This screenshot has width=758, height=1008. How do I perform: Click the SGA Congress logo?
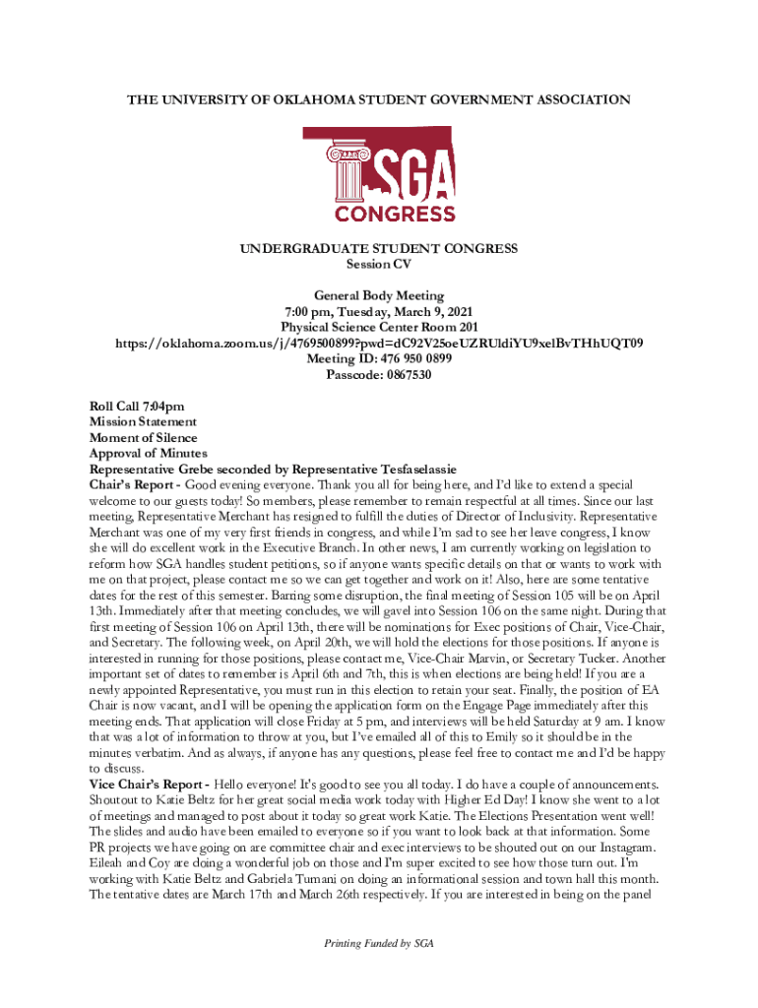[380, 175]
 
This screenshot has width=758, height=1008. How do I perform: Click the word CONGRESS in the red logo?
[395, 213]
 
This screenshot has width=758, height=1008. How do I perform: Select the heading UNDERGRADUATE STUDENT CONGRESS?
[379, 249]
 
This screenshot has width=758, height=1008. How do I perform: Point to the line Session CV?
[379, 264]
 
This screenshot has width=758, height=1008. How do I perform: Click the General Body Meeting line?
[379, 295]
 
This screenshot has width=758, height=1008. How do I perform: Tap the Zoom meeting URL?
[379, 343]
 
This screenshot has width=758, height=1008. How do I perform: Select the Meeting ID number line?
[379, 358]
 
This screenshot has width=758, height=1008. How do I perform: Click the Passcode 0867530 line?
[379, 374]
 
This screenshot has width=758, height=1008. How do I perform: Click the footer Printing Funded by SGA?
[379, 943]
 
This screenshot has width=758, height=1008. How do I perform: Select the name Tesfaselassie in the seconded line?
[419, 469]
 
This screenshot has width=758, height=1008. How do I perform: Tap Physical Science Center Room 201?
[379, 327]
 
